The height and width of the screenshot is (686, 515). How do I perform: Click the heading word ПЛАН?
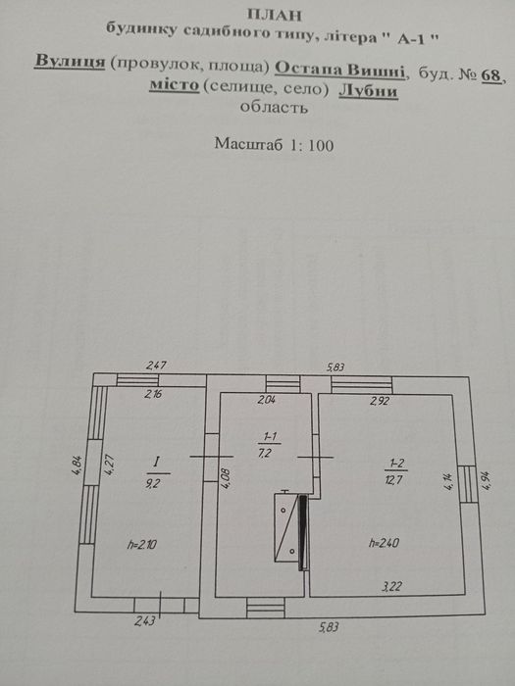tap(275, 15)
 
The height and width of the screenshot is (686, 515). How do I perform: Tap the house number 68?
tap(490, 76)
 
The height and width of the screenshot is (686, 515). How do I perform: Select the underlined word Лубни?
tap(368, 91)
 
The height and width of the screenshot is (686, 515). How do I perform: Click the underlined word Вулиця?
tap(70, 61)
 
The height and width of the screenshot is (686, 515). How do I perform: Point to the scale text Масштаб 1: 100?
tap(274, 144)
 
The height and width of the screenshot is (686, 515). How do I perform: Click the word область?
tap(274, 107)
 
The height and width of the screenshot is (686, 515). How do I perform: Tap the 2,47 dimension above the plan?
tap(156, 365)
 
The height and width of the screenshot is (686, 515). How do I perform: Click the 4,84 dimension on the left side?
tap(77, 465)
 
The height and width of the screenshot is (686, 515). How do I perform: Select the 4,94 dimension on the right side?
tap(488, 480)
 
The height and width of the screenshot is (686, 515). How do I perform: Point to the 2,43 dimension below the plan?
tap(145, 620)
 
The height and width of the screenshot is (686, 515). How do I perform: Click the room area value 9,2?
tap(158, 484)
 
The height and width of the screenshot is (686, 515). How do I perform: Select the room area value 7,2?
tap(266, 453)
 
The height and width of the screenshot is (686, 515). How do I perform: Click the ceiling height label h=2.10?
tap(142, 545)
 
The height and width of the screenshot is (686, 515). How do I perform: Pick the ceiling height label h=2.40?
tap(385, 543)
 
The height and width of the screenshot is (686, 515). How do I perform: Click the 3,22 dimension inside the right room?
tap(392, 587)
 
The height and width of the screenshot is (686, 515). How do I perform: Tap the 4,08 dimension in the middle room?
tap(226, 478)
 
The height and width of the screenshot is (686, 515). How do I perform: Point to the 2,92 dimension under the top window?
tap(380, 400)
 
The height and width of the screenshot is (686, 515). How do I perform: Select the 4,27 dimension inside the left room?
tap(110, 465)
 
